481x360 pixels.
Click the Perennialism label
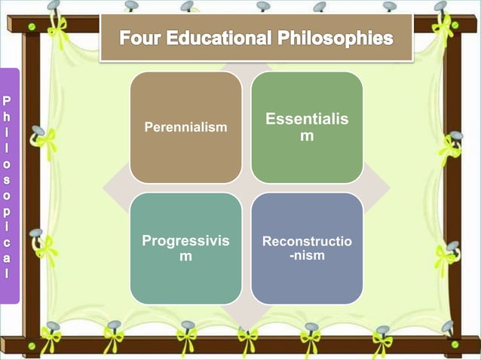click(x=185, y=127)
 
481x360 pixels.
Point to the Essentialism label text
click(x=307, y=127)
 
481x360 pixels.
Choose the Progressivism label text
click(x=185, y=249)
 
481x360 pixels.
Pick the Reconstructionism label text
click(x=307, y=249)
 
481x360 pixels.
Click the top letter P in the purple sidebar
click(x=8, y=99)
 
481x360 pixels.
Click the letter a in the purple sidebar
click(x=8, y=257)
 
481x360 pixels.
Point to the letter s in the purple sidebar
click(x=8, y=178)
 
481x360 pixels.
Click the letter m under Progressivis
click(x=185, y=258)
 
